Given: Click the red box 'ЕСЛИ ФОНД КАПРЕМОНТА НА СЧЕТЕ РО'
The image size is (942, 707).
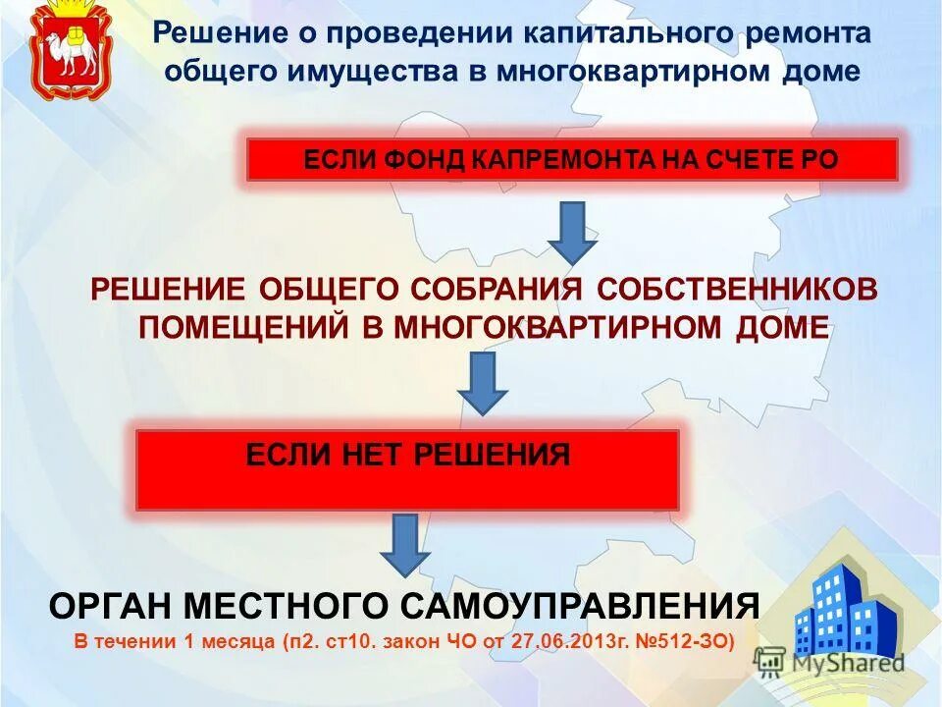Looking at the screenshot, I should click(571, 159).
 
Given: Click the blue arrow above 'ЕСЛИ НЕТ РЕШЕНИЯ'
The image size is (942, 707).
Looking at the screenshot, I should click(483, 382).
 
